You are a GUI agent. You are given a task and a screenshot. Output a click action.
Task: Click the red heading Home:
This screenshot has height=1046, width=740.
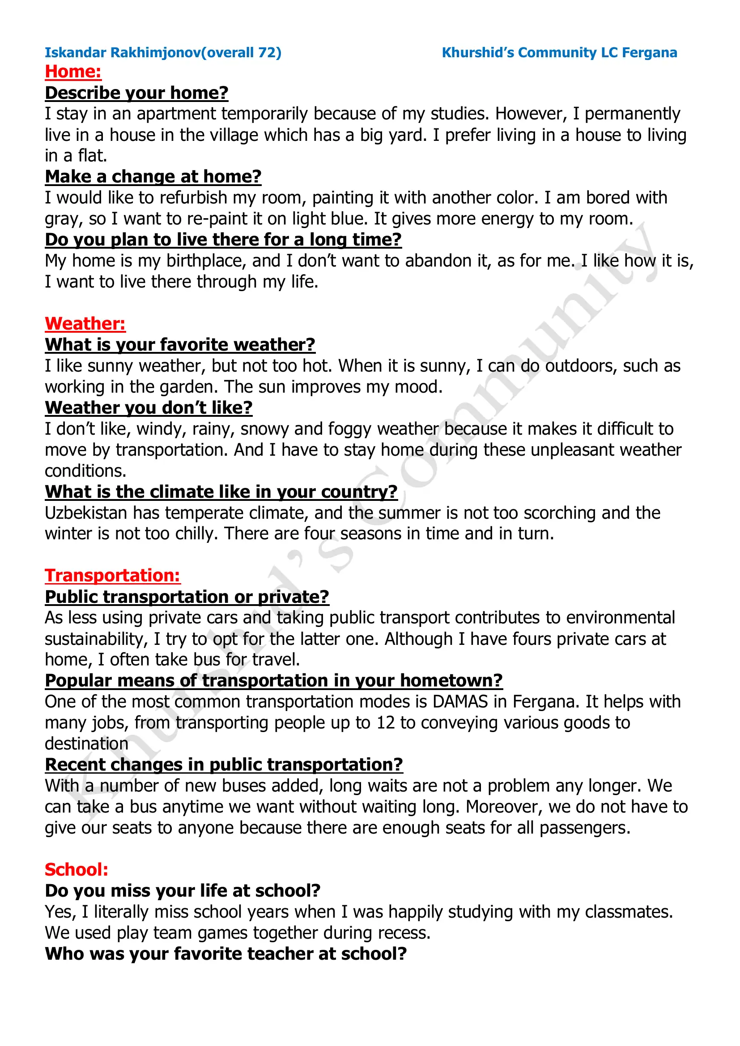(73, 72)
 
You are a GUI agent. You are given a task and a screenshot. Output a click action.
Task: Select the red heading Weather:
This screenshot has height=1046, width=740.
(85, 324)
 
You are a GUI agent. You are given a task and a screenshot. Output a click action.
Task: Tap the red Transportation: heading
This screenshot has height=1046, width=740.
(113, 576)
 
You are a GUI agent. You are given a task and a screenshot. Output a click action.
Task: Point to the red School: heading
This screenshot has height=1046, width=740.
(77, 870)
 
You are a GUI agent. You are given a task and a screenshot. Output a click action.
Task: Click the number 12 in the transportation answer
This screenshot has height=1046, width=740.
(386, 723)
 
